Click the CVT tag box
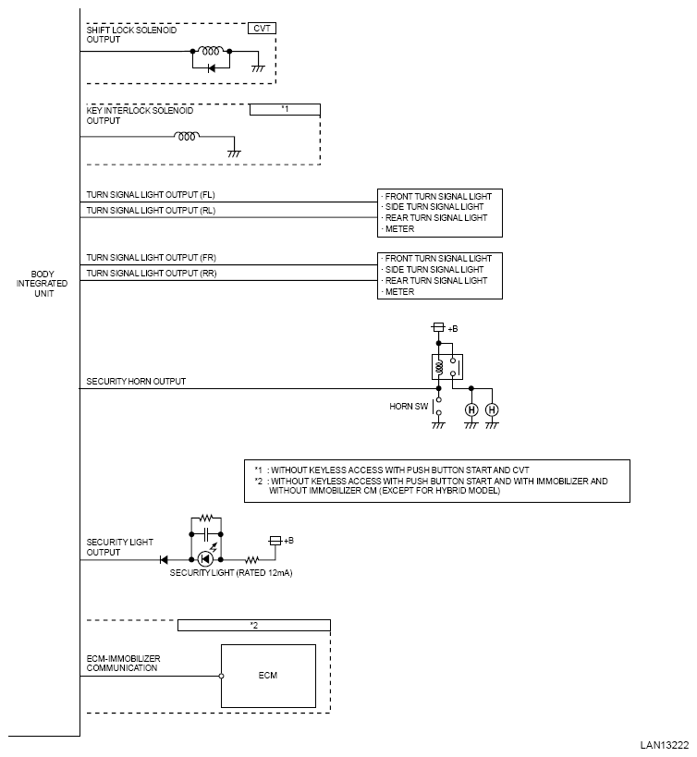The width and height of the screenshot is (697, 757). point(263,29)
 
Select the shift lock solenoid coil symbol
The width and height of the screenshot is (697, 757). point(211,50)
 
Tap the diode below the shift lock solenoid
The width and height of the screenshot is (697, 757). point(211,68)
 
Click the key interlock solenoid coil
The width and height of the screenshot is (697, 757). point(187,136)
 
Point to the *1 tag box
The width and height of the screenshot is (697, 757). point(285,110)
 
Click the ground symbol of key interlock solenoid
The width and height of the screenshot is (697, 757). point(234,153)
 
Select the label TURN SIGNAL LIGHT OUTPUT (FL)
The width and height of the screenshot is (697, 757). point(151,194)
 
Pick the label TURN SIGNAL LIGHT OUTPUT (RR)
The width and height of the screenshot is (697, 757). point(152,274)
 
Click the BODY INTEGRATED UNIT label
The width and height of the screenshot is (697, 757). point(42,284)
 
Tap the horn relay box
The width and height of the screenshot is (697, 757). point(447,367)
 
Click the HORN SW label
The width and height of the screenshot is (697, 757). point(409,407)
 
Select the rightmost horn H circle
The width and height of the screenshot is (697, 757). point(492,409)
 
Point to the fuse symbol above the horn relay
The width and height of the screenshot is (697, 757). point(438,327)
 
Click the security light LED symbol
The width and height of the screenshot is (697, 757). point(206,559)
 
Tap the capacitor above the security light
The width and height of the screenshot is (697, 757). point(206,534)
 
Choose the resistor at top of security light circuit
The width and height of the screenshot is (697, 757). point(206,519)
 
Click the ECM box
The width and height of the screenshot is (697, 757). point(268,676)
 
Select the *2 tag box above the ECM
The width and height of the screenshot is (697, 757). point(254,625)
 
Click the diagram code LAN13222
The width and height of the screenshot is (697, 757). point(664,745)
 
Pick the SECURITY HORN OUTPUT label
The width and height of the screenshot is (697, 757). point(136,382)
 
